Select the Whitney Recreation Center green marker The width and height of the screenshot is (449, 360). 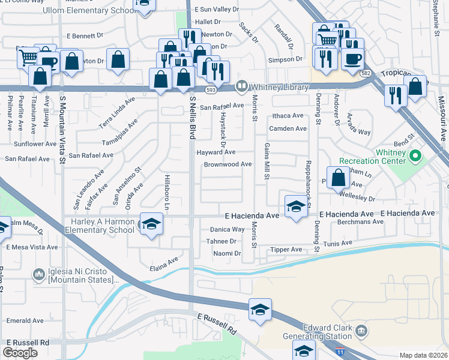(x=415, y=157)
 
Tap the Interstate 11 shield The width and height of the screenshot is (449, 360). (x=340, y=348)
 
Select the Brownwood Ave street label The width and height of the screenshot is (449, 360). (x=228, y=164)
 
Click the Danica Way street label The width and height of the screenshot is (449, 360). (x=227, y=229)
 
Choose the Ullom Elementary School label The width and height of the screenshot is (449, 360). (x=89, y=11)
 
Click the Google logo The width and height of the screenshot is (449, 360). (x=20, y=352)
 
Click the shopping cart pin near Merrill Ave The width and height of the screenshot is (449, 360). (x=28, y=58)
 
